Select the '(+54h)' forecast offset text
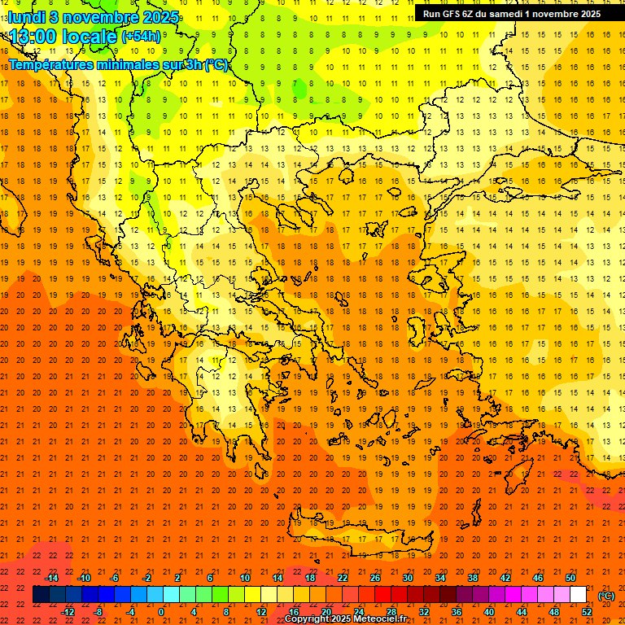pyautogui.click(x=141, y=37)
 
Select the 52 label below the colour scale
pyautogui.click(x=587, y=611)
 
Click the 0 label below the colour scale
pyautogui.click(x=160, y=611)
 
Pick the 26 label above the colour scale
pyautogui.click(x=375, y=577)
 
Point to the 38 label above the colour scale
pyautogui.click(x=473, y=577)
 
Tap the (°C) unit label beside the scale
pyautogui.click(x=606, y=596)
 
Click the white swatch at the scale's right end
pyautogui.click(x=579, y=595)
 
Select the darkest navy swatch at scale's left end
pyautogui.click(x=41, y=595)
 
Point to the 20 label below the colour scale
pyautogui.click(x=326, y=611)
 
